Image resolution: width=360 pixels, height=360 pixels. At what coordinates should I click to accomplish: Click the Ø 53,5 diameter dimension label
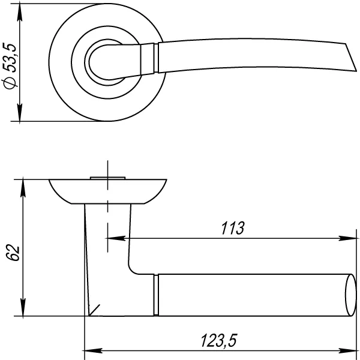[x=10, y=66]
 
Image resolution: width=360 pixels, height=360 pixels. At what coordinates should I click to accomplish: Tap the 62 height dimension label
[x=13, y=253]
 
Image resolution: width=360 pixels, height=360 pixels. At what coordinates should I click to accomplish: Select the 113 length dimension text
[x=233, y=228]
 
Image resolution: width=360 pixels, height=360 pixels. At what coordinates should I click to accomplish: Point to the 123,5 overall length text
[x=218, y=340]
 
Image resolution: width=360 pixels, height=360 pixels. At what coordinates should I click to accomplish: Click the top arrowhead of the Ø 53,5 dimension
[x=20, y=13]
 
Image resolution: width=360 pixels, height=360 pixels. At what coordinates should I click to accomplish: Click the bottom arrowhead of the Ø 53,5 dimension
[x=20, y=112]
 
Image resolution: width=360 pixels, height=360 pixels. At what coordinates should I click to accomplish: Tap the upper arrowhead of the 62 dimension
[x=23, y=188]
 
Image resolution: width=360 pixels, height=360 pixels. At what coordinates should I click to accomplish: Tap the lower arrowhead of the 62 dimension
[x=23, y=307]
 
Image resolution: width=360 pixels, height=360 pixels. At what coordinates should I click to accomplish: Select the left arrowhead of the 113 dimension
[x=116, y=238]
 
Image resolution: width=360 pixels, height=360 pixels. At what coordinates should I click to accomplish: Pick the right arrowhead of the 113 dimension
[x=347, y=238]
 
